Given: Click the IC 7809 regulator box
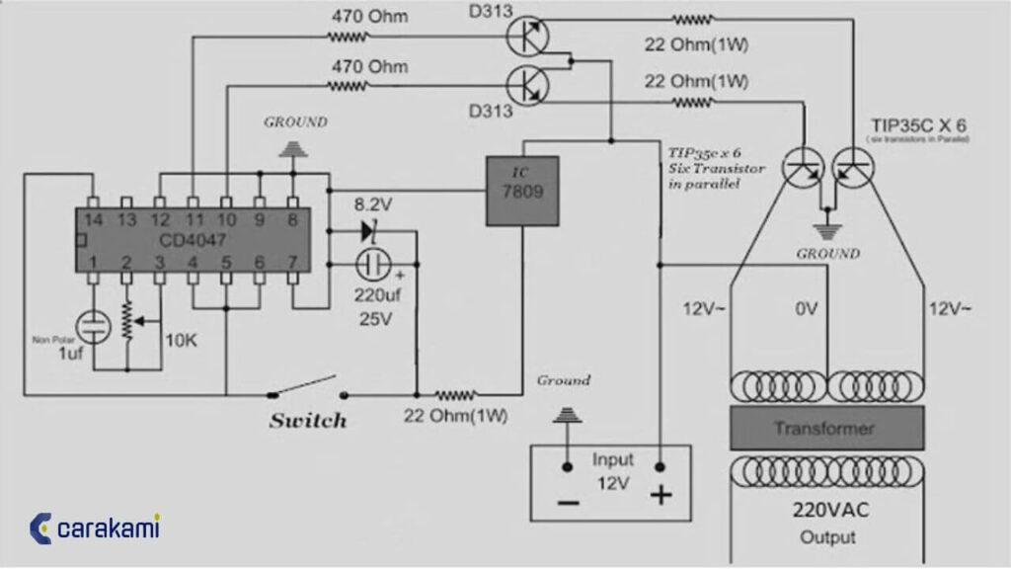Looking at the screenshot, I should coord(521,191).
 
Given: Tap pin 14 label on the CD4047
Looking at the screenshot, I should coord(92,219).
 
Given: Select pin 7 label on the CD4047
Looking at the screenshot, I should coord(292,262).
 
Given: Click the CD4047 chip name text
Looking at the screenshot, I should coord(192,240).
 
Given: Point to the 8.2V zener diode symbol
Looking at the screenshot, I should coord(369,231).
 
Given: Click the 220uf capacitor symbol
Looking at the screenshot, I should coord(372,264).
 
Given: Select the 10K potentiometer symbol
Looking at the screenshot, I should coord(127,321).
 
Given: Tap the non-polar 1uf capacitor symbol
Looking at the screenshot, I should coord(93,325).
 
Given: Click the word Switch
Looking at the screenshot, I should coord(308,421).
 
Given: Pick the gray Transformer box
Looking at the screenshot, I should coord(826,428).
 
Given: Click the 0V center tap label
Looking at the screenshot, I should coord(806,309).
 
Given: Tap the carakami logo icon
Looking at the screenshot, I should coord(40,528).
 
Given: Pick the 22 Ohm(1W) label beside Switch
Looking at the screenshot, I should coord(455,415).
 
